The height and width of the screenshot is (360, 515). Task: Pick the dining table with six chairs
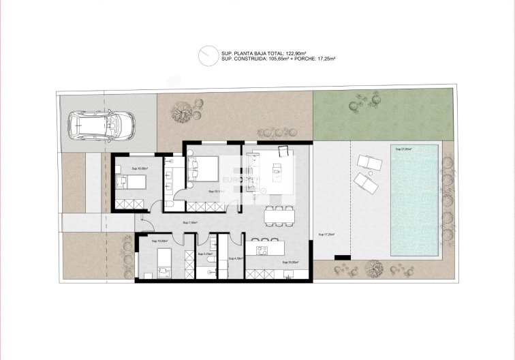tap(279, 214)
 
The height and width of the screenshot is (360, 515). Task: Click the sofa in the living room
tap(249, 166)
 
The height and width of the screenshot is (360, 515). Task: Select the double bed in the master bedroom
tap(202, 168)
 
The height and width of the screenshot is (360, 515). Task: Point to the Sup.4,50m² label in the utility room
tap(235, 258)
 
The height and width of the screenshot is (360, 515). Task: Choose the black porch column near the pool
tap(341, 256)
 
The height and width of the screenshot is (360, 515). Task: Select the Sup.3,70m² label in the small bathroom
tap(204, 254)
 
